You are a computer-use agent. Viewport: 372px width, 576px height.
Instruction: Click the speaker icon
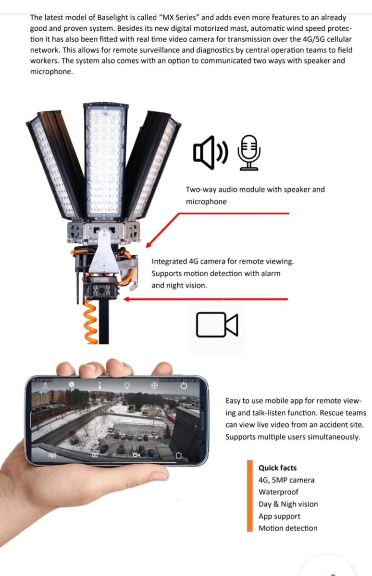211,152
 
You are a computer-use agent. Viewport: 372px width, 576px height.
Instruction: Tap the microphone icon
248,152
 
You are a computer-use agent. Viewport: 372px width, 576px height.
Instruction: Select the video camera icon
217,324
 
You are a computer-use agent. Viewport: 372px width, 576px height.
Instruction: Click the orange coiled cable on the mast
91,322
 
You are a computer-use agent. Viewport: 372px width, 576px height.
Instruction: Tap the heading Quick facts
277,468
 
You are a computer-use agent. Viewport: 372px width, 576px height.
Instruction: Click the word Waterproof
278,492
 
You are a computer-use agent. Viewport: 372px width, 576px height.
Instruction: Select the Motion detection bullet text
288,528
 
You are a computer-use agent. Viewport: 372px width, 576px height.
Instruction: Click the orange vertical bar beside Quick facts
250,495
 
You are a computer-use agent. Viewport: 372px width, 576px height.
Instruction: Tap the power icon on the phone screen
184,386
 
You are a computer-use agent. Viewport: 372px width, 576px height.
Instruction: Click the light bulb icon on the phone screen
127,385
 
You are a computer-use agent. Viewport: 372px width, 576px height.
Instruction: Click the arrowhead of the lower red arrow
126,299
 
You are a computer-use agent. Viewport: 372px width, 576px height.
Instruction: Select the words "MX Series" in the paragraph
179,17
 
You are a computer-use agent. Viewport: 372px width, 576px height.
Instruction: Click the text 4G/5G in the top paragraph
313,39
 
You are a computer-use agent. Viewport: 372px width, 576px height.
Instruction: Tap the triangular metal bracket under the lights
104,252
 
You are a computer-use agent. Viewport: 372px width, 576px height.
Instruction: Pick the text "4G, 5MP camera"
286,480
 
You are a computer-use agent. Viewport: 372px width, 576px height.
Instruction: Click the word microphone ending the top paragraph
51,72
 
